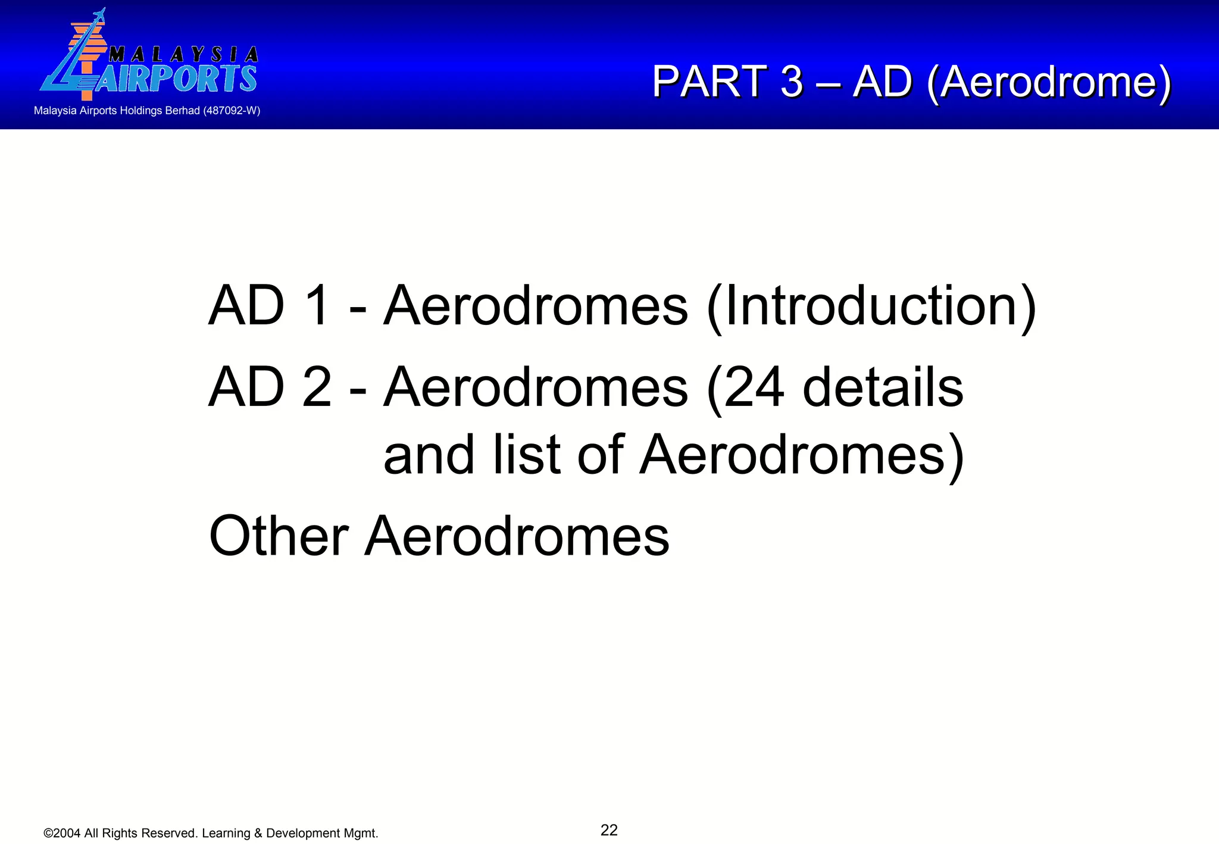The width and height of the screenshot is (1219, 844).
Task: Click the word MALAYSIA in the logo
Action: [x=184, y=55]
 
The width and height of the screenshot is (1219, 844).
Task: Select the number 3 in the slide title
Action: [x=792, y=82]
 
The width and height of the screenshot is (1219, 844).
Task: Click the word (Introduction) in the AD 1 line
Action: [x=871, y=307]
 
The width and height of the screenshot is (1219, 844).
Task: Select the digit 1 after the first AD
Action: [x=318, y=307]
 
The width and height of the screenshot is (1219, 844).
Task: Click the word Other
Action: [x=279, y=536]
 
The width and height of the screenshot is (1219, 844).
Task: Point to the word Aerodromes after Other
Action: [x=517, y=536]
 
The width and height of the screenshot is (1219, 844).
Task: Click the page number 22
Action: [x=609, y=830]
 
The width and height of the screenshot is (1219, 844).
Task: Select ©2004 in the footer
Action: [x=62, y=833]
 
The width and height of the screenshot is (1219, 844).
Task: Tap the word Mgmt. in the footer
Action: [x=361, y=833]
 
